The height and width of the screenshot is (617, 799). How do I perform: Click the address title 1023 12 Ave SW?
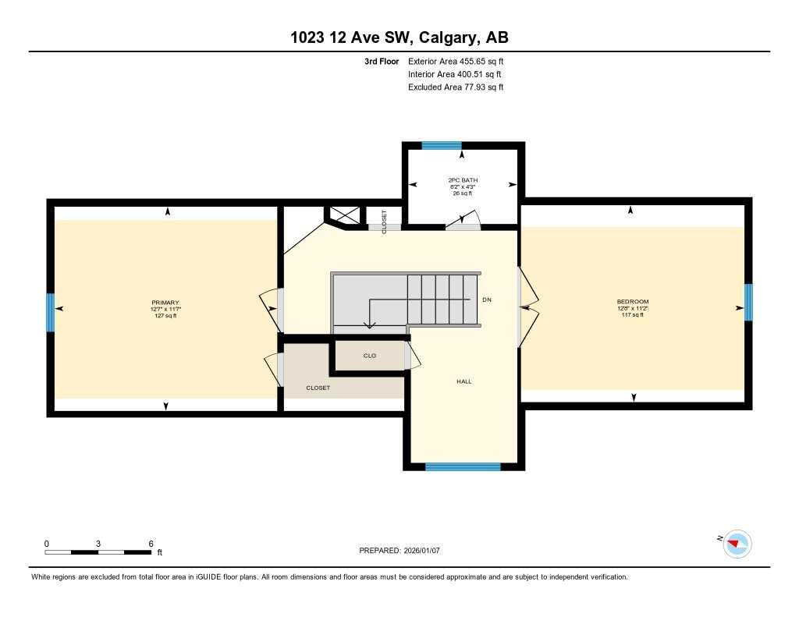(399, 37)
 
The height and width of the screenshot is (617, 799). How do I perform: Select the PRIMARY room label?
(165, 303)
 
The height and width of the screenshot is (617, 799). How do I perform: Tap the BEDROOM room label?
(632, 302)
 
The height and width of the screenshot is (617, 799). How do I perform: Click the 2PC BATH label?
(462, 180)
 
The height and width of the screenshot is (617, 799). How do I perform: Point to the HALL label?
(464, 381)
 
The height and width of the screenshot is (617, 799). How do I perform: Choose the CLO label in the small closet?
(370, 356)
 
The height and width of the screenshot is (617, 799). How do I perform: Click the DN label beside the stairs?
(487, 300)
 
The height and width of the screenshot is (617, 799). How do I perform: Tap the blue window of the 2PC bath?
(442, 145)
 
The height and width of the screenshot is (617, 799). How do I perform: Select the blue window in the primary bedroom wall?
(50, 312)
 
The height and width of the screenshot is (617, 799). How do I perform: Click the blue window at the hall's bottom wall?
(463, 467)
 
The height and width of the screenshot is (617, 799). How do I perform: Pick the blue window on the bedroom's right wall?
(748, 302)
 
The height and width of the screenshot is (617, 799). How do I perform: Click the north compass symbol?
(737, 543)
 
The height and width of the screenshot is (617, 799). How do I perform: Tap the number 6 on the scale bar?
(151, 544)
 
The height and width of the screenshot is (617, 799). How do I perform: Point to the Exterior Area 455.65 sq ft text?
(456, 61)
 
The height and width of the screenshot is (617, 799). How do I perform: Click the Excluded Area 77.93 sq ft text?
(456, 87)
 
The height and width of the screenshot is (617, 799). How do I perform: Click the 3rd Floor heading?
(381, 61)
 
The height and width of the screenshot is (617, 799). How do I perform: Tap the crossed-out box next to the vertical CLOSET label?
(343, 216)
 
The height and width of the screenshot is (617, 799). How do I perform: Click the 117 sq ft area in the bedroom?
(632, 315)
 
